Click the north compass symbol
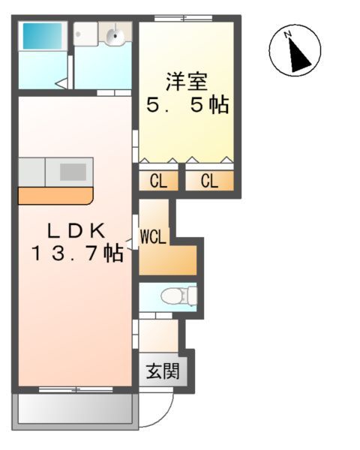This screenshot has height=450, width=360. point(295,50)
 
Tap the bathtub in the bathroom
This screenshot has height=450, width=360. point(42,37)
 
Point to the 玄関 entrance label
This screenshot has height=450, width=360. point(157,370)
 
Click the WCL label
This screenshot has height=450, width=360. point(154,237)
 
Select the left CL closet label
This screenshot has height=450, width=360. point(157,181)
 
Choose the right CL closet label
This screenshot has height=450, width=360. point(208,181)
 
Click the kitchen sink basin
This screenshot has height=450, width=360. point(73,171)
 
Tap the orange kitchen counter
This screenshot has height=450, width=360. point(55,196)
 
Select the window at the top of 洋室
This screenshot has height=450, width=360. point(183,17)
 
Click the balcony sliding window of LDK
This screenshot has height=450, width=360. point(75,389)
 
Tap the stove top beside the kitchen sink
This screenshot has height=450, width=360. point(31,171)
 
